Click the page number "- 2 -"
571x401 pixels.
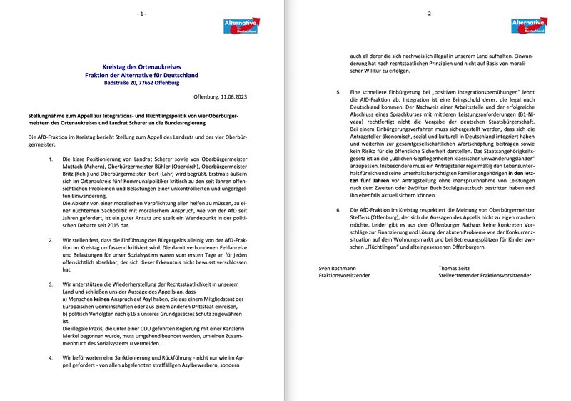(x=428, y=14)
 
